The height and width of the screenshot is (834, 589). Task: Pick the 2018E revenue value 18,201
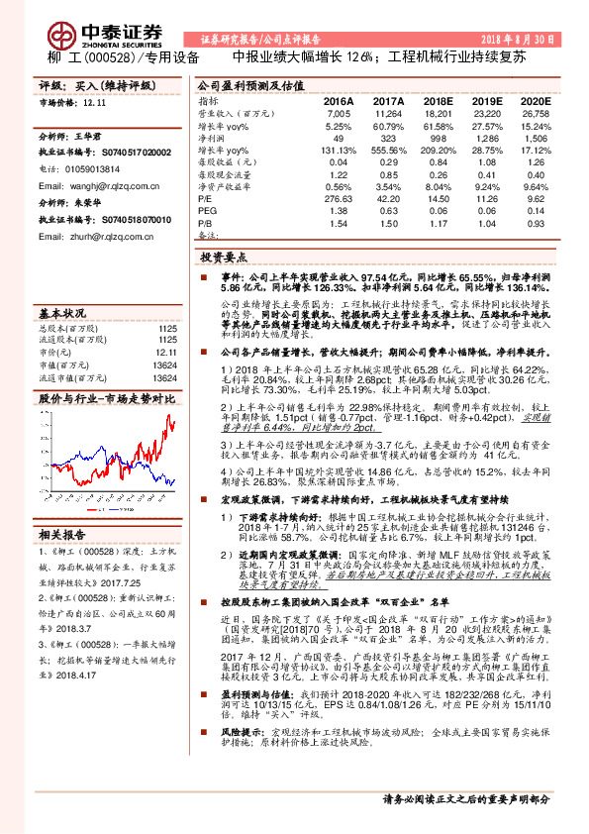(x=436, y=115)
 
